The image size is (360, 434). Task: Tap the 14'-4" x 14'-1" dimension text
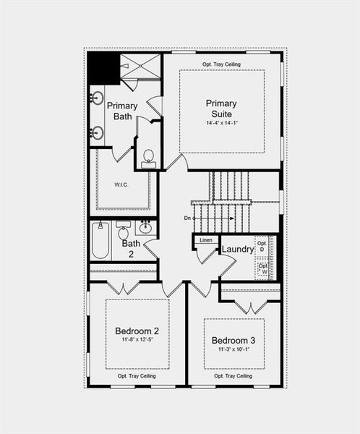(x=220, y=123)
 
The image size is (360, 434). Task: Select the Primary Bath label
(x=121, y=111)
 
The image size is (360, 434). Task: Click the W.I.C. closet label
(x=121, y=184)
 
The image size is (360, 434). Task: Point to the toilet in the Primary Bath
(x=148, y=158)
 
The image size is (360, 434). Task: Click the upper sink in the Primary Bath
(x=97, y=98)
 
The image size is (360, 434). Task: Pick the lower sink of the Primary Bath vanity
(x=97, y=132)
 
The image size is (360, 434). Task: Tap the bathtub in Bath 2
(x=100, y=242)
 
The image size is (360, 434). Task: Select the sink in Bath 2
(x=145, y=228)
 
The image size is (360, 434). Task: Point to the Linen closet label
(x=205, y=239)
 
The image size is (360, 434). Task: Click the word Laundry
(x=237, y=250)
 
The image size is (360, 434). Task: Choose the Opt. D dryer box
(x=262, y=247)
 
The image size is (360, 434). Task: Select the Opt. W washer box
(x=263, y=268)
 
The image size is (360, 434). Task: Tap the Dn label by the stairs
(x=187, y=218)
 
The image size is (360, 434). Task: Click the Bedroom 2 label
(x=137, y=331)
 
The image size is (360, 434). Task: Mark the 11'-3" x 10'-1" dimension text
(x=233, y=349)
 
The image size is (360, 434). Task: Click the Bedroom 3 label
(x=233, y=340)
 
